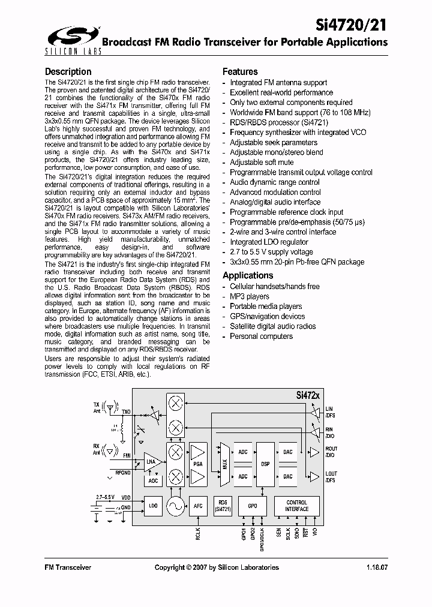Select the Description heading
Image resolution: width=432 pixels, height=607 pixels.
click(68, 72)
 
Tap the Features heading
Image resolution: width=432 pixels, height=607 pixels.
click(240, 71)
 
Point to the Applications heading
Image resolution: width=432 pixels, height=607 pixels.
click(248, 275)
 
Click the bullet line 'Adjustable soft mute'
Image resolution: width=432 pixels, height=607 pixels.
click(262, 163)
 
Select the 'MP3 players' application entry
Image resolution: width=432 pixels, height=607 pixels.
click(250, 296)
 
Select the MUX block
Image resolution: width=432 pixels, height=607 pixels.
click(224, 464)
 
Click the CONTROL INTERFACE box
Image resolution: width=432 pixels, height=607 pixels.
click(297, 506)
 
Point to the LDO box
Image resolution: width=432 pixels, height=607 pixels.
click(154, 506)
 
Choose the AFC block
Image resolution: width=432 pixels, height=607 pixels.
click(198, 506)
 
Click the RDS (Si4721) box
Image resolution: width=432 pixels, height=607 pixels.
click(223, 506)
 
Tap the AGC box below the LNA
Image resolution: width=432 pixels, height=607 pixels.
click(154, 481)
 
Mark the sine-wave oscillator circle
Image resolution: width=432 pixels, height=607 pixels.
click(176, 506)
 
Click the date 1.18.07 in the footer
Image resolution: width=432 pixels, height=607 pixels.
click(376, 567)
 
